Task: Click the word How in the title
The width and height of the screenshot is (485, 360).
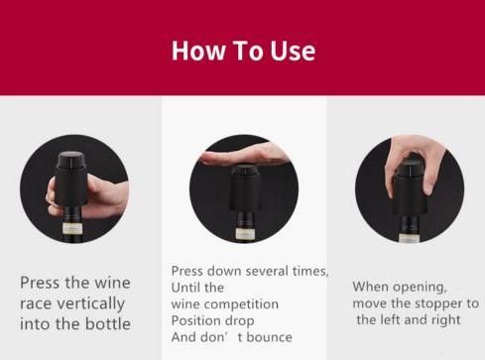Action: [198, 51]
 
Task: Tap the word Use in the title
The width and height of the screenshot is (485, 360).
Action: [293, 51]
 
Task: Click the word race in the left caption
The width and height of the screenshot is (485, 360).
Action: [36, 303]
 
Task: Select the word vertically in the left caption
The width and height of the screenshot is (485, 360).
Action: [91, 303]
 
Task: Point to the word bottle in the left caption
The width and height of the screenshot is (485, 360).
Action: [108, 323]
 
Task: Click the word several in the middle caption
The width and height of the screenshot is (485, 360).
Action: [267, 271]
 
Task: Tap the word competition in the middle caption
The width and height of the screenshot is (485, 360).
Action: [241, 304]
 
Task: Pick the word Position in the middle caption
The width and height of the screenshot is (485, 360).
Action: [192, 320]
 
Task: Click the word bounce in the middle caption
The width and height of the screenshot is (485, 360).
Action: [269, 337]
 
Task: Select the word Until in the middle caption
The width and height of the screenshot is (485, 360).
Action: [184, 288]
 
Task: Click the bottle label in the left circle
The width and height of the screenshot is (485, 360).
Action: [72, 228]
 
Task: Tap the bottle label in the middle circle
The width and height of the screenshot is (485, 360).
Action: [245, 234]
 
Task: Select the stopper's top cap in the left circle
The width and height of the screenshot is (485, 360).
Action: [70, 160]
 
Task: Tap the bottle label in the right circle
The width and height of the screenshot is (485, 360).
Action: [410, 238]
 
